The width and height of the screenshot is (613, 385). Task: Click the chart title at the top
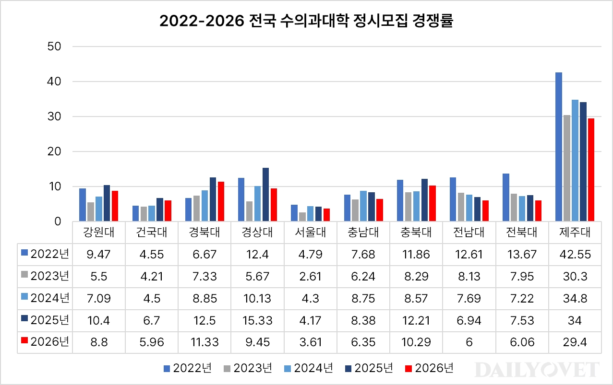pos(306,22)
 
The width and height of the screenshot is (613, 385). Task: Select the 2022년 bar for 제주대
pos(558,147)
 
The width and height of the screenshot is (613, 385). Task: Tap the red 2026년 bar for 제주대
pos(591,170)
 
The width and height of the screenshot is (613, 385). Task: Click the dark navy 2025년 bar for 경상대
pos(265,195)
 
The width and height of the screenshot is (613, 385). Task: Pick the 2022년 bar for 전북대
pos(505,198)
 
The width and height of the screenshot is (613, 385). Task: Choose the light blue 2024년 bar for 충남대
pos(363,206)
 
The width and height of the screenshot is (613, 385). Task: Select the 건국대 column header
pos(151,233)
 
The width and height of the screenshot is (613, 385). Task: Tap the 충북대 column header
pos(416,233)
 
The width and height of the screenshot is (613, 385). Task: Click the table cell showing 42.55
pos(574,254)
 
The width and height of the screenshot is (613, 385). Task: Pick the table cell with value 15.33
pos(257,321)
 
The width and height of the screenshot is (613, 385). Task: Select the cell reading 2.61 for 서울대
pos(310,276)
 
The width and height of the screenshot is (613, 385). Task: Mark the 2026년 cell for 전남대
pos(469,343)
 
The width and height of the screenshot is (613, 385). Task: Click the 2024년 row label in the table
pos(46,298)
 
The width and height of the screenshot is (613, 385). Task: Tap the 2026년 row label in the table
pos(46,342)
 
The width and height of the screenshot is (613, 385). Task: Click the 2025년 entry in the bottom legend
pos(369,368)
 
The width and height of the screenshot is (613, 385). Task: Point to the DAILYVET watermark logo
pos(538,370)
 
